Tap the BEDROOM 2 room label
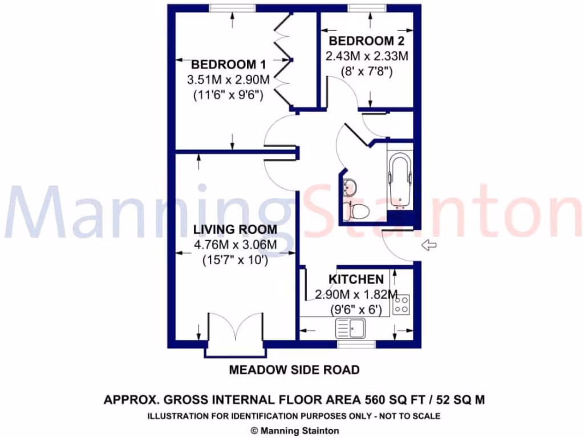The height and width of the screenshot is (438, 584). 367,41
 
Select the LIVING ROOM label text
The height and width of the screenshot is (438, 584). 235,230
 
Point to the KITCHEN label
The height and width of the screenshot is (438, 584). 356,279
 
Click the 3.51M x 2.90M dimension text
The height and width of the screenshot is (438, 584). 228,80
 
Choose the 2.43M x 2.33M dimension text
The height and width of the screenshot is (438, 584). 367,56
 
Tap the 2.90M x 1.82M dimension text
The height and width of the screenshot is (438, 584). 356,295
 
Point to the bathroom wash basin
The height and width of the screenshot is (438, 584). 349,186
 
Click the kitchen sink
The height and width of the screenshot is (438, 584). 350,328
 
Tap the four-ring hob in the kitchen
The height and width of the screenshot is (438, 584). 401,304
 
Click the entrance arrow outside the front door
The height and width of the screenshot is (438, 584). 428,245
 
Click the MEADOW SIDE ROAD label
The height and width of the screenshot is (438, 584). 294,370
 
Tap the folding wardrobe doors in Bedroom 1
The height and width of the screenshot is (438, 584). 284,60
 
